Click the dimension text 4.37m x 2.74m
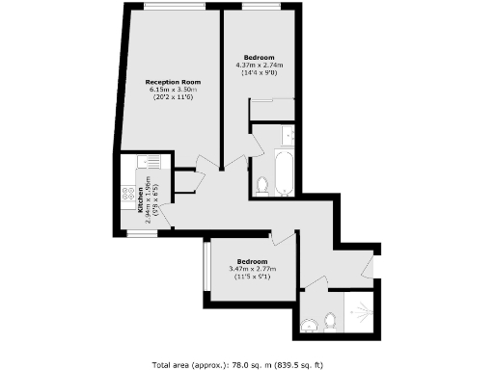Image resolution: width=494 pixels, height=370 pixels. click(258, 65)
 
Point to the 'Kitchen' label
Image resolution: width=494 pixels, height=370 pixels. click(141, 198)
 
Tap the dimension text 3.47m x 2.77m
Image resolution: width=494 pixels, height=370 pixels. click(253, 268)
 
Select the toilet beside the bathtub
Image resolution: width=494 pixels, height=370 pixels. click(263, 182)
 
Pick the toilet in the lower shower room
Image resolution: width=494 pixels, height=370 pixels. click(329, 321)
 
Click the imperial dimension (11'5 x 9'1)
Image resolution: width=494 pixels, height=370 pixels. click(253, 277)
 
